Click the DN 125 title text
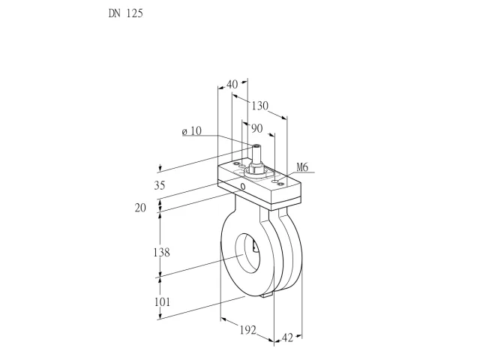click(x=125, y=13)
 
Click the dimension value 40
click(x=232, y=84)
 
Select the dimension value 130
click(x=260, y=106)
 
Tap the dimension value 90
click(x=256, y=128)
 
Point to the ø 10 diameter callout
click(x=192, y=131)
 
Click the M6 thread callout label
click(x=302, y=167)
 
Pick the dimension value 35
click(x=160, y=185)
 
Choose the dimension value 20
click(x=140, y=208)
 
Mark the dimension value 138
click(x=162, y=253)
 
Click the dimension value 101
click(x=162, y=302)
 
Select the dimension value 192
click(x=247, y=330)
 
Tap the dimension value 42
click(x=287, y=338)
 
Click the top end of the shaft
click(x=256, y=145)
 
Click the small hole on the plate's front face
click(x=243, y=186)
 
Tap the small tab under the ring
click(x=267, y=295)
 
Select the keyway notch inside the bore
click(x=255, y=247)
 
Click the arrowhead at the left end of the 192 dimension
click(x=223, y=319)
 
